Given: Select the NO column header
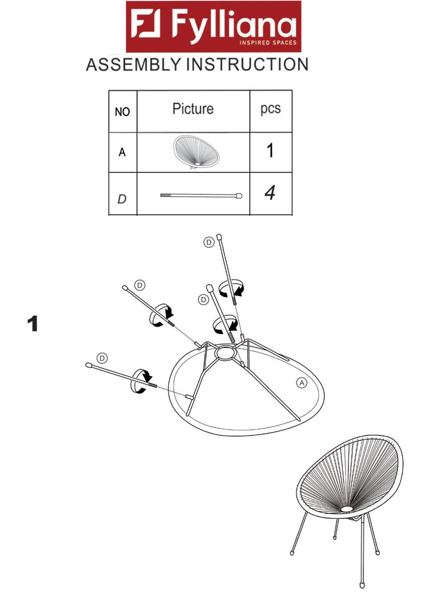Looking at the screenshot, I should tap(122, 112).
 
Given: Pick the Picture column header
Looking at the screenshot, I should tap(193, 109).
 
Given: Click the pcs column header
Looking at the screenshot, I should tap(270, 109).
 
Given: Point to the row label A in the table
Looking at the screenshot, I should tap(122, 152).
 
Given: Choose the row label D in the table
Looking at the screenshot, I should tap(122, 199).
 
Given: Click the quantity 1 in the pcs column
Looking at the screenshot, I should tap(270, 151).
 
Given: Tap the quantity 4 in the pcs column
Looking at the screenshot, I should tap(270, 193).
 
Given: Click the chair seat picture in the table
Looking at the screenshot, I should tap(196, 152).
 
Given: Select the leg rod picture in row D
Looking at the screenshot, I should tap(201, 196).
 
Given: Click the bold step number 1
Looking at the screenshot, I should tap(33, 324).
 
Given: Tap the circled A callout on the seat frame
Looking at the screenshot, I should tap(302, 382).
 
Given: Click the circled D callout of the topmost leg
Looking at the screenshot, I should tap(209, 242).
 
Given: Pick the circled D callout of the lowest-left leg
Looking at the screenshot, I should tap(102, 358).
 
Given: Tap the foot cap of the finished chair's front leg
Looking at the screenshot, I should tap(362, 584).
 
